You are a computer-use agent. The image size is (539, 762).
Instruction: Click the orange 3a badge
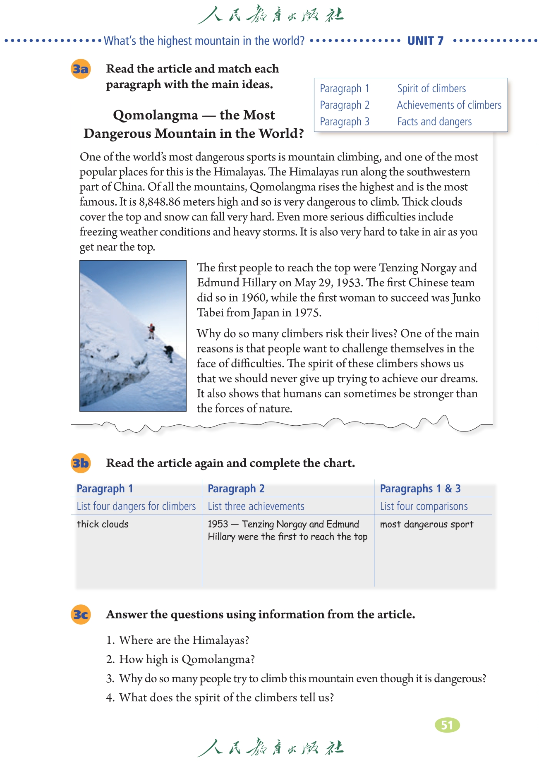pyautogui.click(x=81, y=69)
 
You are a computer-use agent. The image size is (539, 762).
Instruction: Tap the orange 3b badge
pyautogui.click(x=81, y=463)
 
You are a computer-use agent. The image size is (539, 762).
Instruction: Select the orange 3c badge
pyautogui.click(x=81, y=614)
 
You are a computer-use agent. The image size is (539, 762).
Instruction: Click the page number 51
pyautogui.click(x=447, y=725)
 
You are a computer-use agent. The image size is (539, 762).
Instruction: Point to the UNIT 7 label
pyautogui.click(x=425, y=41)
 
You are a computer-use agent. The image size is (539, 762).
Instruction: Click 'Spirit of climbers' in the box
pyautogui.click(x=431, y=89)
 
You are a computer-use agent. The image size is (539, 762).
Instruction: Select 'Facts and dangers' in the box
pyautogui.click(x=434, y=122)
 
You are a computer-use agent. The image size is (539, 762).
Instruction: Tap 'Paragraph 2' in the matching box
pyautogui.click(x=345, y=105)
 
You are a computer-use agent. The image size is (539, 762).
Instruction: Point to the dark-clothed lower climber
pyautogui.click(x=169, y=352)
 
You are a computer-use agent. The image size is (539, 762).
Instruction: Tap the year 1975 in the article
pyautogui.click(x=307, y=312)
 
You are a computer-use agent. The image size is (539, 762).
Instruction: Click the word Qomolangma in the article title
pyautogui.click(x=156, y=115)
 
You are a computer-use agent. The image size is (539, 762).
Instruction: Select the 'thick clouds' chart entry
pyautogui.click(x=103, y=524)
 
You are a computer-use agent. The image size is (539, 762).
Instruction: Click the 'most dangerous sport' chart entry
pyautogui.click(x=426, y=524)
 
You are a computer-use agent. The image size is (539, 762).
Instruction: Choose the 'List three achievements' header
pyautogui.click(x=256, y=506)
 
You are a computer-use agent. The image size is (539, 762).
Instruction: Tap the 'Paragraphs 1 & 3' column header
pyautogui.click(x=420, y=489)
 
